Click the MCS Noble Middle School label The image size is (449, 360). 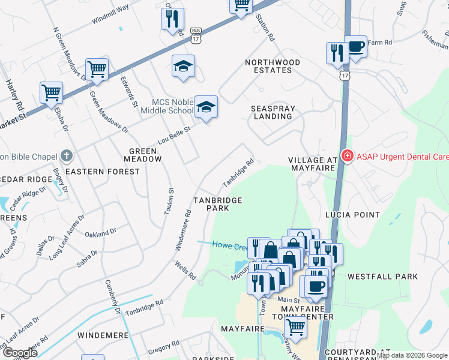(x=164, y=106)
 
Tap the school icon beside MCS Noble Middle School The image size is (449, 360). (x=206, y=107)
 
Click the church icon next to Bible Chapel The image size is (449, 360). (x=67, y=157)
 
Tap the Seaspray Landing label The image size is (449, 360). (x=272, y=112)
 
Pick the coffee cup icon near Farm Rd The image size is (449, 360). (x=355, y=47)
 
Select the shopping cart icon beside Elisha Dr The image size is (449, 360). (x=52, y=93)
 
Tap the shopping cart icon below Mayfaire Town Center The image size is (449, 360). (x=295, y=327)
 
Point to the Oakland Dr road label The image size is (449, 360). (x=100, y=232)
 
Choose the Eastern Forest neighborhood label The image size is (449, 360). (x=102, y=172)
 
